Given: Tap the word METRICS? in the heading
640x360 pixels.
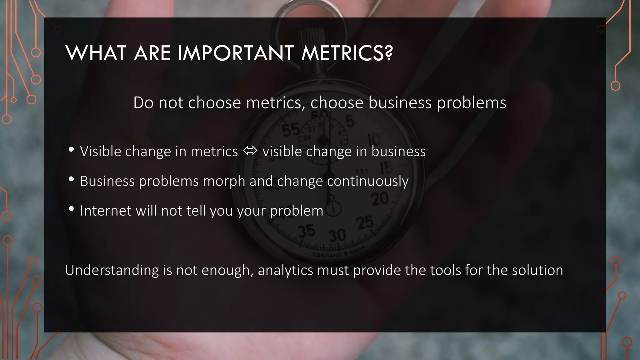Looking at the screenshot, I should point(347,53).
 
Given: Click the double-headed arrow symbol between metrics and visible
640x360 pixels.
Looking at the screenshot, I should point(250,151).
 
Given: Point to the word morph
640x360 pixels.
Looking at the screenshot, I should point(224,181).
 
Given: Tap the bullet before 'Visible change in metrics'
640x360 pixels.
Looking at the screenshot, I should point(71,150).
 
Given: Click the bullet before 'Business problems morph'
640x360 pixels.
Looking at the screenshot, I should point(71,179).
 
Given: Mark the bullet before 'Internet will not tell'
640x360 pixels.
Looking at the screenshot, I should point(71,209).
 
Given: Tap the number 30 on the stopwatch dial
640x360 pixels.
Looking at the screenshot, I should point(337,235).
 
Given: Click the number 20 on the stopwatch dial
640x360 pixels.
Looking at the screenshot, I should point(380,199).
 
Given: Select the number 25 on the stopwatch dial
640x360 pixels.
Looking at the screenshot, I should point(365,223).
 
